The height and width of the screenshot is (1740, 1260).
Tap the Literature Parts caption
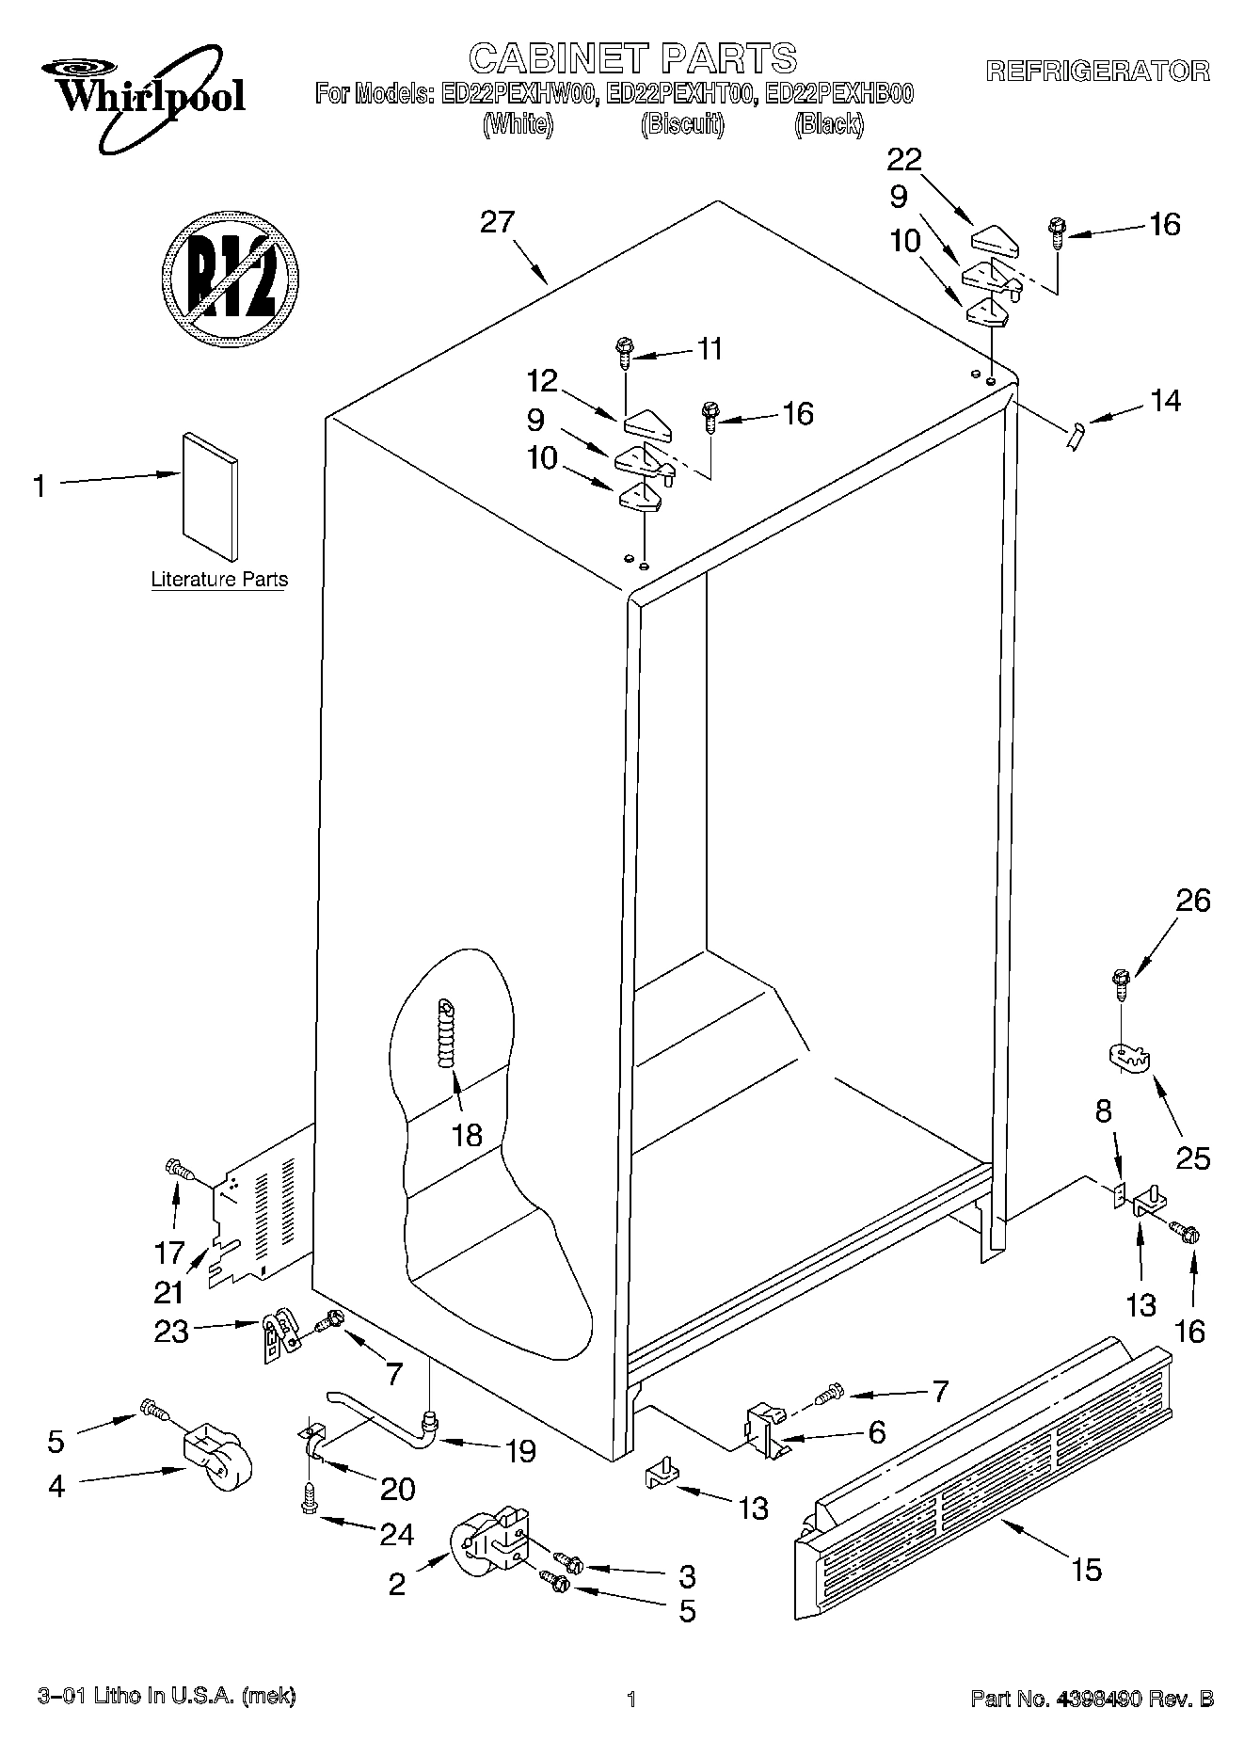pos(219,580)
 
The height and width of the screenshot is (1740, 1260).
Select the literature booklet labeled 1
pos(210,496)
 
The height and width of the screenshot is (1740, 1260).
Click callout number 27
pos(497,222)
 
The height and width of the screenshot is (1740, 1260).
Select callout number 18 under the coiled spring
pos(467,1135)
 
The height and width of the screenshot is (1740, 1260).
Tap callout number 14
pos(1165,400)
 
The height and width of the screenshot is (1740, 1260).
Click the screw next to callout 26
pos(1120,984)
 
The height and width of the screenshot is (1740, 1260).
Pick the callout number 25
pos(1192,1157)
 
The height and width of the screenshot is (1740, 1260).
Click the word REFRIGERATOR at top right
pos(1097,71)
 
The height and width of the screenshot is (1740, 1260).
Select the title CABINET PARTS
pos(632,58)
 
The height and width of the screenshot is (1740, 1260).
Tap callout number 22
pos(904,159)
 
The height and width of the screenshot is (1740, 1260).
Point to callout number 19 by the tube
pos(519,1450)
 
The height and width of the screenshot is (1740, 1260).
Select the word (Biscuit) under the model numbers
pos(682,124)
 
